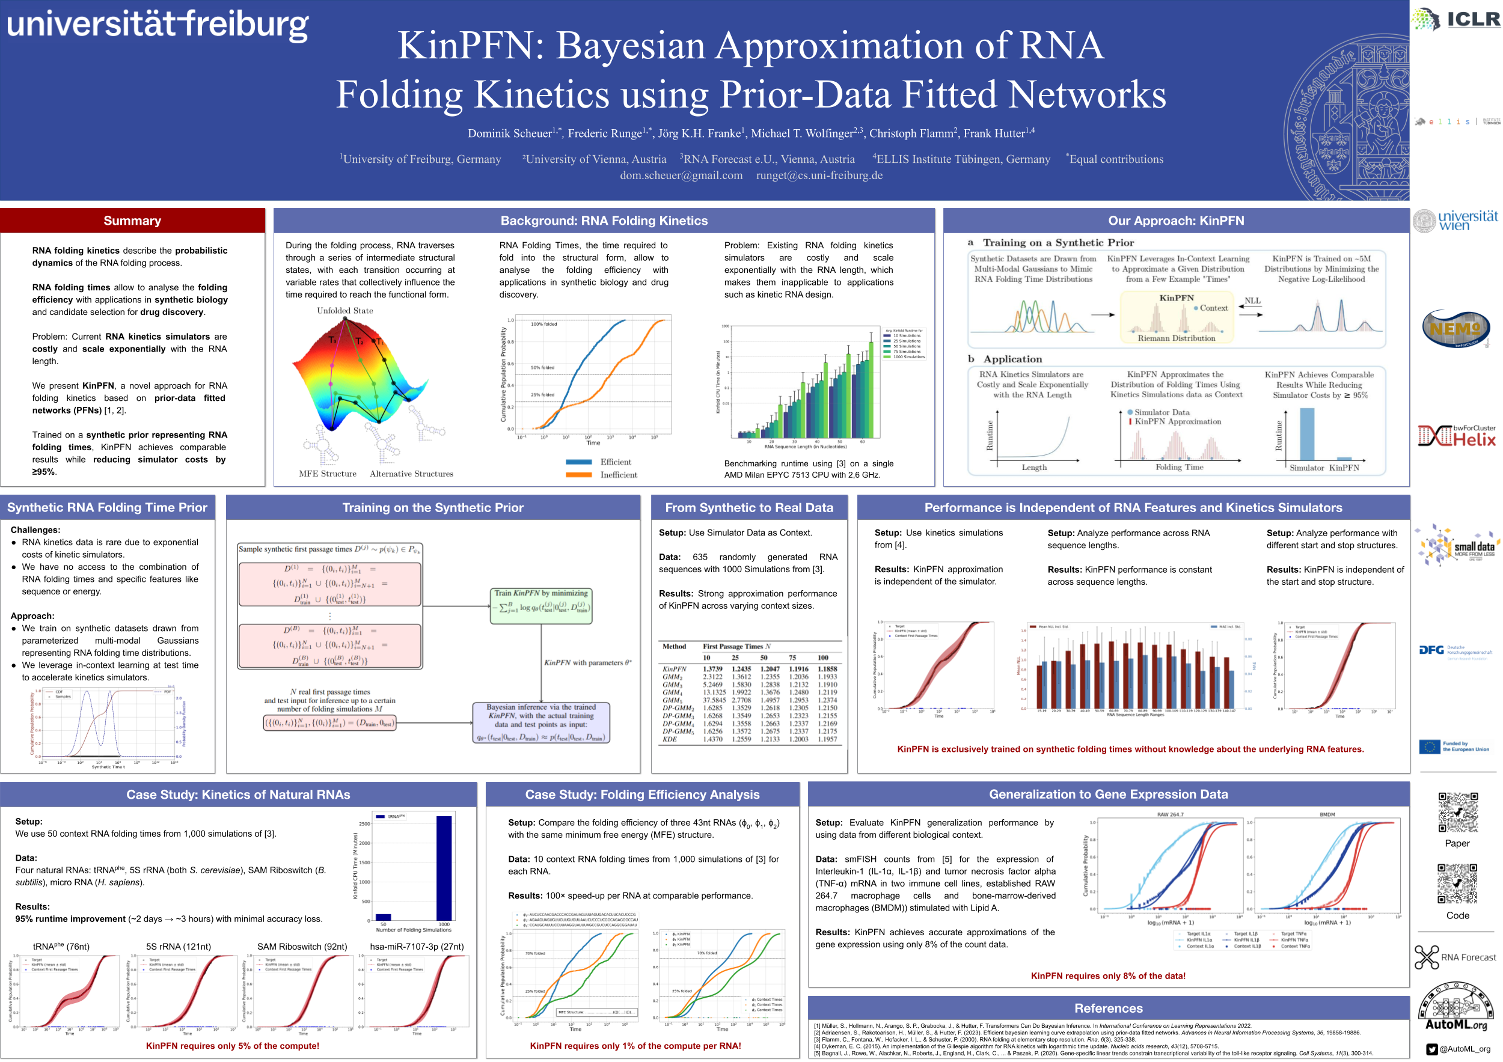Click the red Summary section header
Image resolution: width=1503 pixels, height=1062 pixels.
132,221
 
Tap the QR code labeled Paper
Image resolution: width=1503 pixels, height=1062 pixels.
1457,812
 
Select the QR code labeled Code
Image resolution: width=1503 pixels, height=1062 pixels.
1457,883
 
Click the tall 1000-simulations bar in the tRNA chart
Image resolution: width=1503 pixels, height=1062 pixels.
444,867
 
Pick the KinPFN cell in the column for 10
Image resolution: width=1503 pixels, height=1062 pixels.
712,669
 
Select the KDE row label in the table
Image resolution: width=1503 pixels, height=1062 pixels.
670,739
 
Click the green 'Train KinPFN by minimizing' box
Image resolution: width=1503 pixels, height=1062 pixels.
540,605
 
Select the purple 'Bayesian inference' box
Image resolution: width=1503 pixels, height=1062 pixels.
540,722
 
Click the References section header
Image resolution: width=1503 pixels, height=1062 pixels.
1107,1008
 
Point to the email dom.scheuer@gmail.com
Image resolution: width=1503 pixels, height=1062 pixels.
681,175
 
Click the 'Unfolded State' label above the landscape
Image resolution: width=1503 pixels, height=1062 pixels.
345,310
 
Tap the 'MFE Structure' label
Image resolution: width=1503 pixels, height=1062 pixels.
327,474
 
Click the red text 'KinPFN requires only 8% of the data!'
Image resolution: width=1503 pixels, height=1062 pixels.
1107,975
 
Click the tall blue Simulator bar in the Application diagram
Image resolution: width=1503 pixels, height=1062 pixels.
1306,435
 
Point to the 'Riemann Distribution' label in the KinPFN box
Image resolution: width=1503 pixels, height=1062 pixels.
1176,338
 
